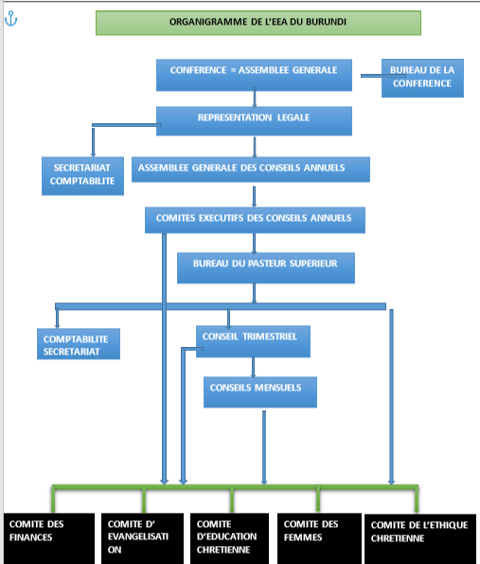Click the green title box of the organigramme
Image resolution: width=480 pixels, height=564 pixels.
(258, 23)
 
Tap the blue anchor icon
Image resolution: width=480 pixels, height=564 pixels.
(10, 19)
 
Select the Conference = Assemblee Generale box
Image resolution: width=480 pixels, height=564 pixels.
(254, 75)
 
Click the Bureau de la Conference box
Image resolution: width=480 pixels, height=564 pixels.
(422, 78)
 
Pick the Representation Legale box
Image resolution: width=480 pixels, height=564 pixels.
(254, 121)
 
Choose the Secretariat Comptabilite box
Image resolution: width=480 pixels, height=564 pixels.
(82, 176)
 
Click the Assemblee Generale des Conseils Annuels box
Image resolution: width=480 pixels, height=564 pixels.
(251, 170)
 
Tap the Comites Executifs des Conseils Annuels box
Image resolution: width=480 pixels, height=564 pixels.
(255, 220)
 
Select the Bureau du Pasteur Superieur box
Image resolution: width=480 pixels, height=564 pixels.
(266, 268)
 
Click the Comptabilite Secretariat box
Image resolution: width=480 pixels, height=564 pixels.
(79, 344)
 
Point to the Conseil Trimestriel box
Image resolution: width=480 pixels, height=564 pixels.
(253, 341)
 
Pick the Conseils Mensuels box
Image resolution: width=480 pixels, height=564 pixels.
(260, 392)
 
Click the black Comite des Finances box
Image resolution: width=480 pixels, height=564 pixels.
(49, 538)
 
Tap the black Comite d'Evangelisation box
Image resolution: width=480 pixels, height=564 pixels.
(142, 538)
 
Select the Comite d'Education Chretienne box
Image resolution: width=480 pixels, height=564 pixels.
(229, 538)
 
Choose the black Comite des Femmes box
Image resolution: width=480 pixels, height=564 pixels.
(319, 538)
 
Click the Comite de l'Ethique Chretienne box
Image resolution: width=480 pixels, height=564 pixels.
(420, 539)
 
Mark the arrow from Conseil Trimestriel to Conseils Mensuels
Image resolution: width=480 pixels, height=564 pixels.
(254, 367)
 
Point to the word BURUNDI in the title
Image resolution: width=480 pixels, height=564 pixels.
(327, 22)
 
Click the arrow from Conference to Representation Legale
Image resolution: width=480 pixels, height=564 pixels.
(255, 97)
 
